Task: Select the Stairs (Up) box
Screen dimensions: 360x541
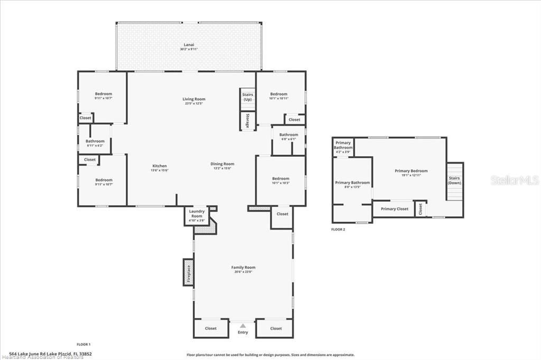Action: coord(247,97)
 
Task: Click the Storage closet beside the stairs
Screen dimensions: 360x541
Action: coord(247,121)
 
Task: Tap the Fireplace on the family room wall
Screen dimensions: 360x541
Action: coord(188,273)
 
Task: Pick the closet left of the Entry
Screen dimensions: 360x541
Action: coord(211,328)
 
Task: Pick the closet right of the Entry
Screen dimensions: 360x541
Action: coord(276,328)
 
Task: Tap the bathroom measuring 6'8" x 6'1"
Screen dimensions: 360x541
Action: coord(288,137)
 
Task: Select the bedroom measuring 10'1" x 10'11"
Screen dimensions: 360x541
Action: coord(278,96)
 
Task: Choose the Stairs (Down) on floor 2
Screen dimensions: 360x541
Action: coord(454,181)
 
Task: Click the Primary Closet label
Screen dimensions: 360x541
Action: coord(395,209)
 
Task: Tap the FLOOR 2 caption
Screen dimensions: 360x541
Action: coord(338,230)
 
